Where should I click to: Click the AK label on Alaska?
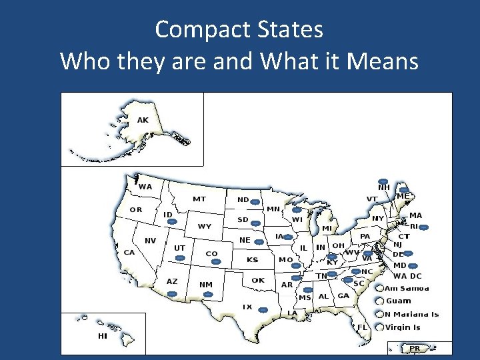pyautogui.click(x=143, y=120)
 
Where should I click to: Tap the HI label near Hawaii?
pyautogui.click(x=102, y=336)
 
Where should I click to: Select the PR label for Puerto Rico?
pyautogui.click(x=415, y=348)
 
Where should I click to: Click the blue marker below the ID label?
pyautogui.click(x=171, y=222)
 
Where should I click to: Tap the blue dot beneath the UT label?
pyautogui.click(x=179, y=258)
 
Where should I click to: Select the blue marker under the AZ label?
pyautogui.click(x=172, y=293)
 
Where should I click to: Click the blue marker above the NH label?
pyautogui.click(x=383, y=181)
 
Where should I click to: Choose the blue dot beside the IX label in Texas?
pyautogui.click(x=263, y=310)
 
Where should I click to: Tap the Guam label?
pyautogui.click(x=399, y=301)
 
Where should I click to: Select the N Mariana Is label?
pyautogui.click(x=411, y=315)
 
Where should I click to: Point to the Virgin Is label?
pyautogui.click(x=403, y=327)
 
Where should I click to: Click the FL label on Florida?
pyautogui.click(x=362, y=327)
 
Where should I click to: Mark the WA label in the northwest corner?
pyautogui.click(x=145, y=187)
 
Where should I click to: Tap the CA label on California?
pyautogui.click(x=129, y=252)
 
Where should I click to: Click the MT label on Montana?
pyautogui.click(x=199, y=199)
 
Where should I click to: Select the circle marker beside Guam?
pyautogui.click(x=379, y=301)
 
